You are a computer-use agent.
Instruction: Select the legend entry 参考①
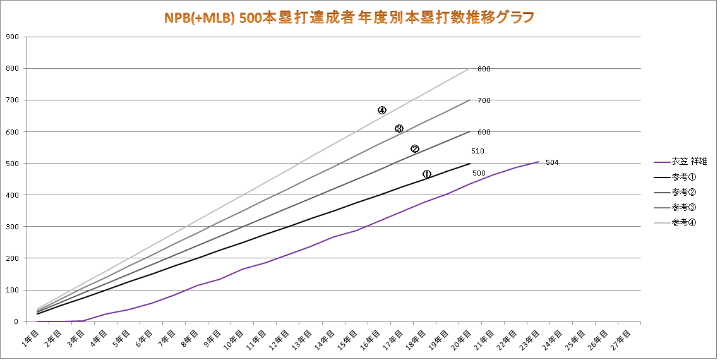click(684, 177)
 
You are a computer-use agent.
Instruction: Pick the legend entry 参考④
click(684, 222)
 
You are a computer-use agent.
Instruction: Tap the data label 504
click(552, 163)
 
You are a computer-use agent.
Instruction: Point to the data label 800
click(484, 69)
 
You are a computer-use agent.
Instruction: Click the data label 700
click(484, 100)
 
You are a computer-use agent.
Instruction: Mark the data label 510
click(477, 152)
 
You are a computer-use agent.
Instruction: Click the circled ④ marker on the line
click(382, 110)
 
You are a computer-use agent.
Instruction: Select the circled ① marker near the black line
click(426, 174)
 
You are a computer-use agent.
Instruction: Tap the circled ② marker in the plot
click(415, 149)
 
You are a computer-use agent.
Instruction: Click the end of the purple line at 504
click(538, 162)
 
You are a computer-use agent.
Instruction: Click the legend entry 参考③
click(684, 207)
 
